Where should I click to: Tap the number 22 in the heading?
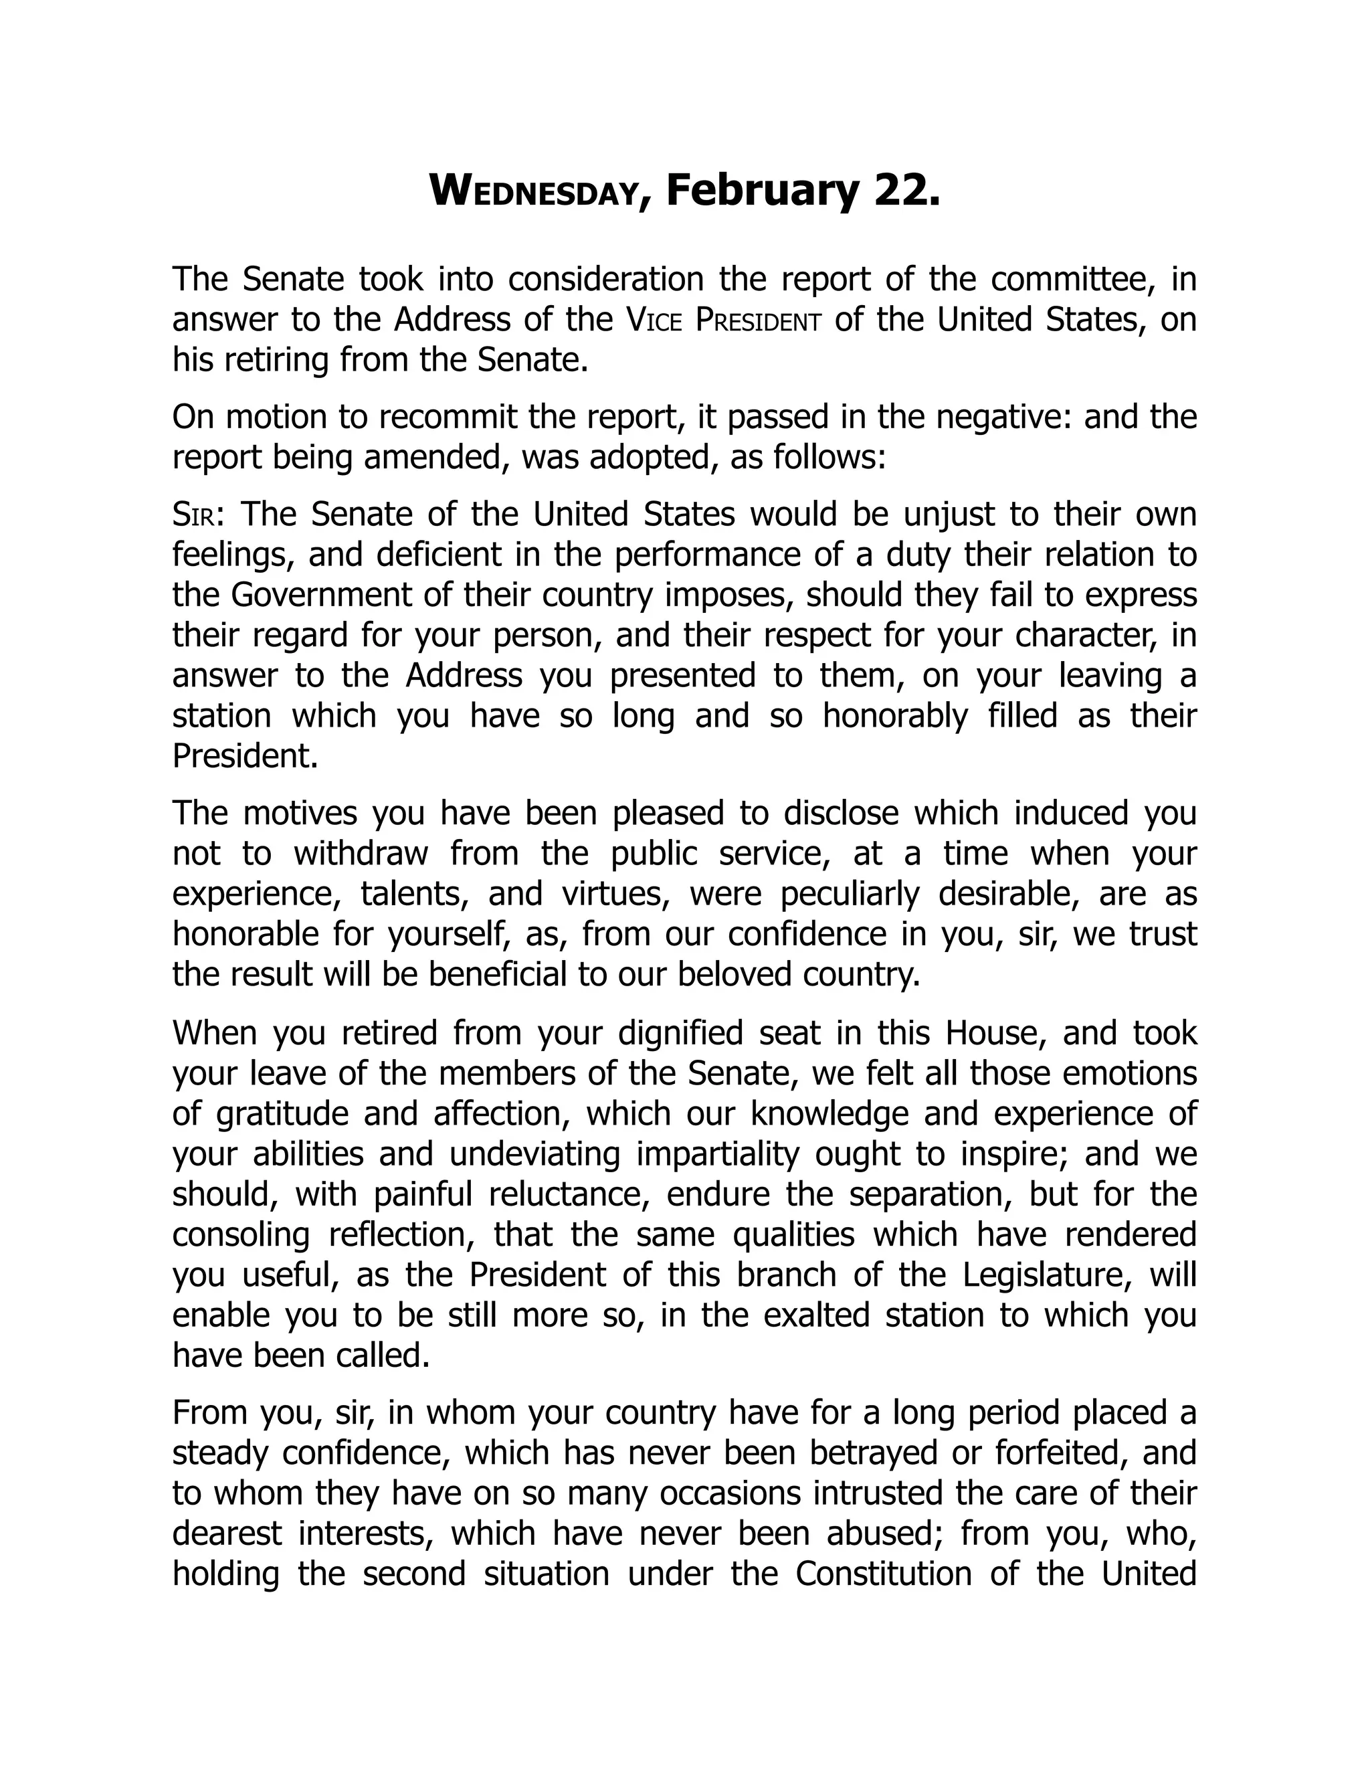click(x=902, y=191)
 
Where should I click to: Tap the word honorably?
click(x=895, y=716)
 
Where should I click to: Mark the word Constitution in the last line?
click(x=883, y=1574)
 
